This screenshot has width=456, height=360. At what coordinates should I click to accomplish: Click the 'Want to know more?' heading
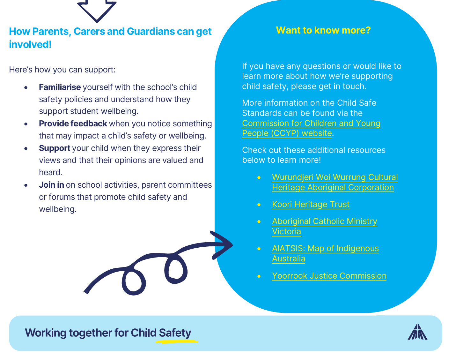tap(323, 30)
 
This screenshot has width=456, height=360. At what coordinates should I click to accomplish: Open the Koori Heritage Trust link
tap(311, 204)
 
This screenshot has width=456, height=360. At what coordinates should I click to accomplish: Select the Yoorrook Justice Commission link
tap(329, 276)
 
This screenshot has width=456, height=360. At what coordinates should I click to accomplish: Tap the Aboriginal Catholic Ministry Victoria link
tap(324, 221)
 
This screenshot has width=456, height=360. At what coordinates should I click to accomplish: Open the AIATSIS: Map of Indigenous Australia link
tap(325, 249)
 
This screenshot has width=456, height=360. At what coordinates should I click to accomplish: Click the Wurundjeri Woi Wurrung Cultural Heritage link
tap(335, 177)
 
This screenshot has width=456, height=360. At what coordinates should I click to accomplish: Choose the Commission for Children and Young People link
tap(311, 124)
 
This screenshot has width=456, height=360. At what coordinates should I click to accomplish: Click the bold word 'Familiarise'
tap(60, 87)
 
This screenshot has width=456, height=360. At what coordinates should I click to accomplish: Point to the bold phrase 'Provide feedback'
tap(73, 124)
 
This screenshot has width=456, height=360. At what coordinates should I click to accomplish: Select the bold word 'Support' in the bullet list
tap(55, 148)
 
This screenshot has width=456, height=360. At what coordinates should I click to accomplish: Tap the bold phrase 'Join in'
tap(51, 185)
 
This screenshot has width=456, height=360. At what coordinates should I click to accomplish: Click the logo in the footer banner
tap(417, 332)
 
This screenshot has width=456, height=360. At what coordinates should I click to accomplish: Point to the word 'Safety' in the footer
tap(175, 333)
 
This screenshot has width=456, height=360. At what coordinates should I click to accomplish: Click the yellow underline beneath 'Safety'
tap(176, 341)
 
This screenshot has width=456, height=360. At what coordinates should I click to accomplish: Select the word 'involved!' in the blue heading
tap(30, 44)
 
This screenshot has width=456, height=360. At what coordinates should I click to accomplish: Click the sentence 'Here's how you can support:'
tap(62, 70)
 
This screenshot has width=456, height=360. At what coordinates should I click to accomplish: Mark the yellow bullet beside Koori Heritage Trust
tap(259, 205)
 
